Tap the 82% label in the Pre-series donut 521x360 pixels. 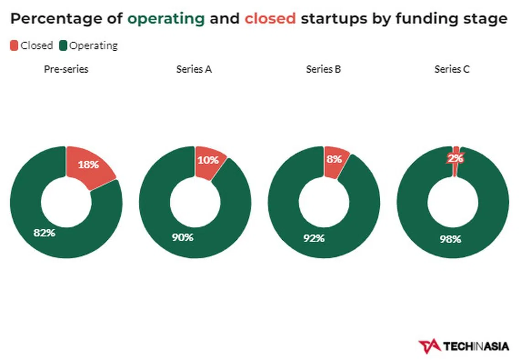44,232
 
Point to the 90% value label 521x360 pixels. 182,237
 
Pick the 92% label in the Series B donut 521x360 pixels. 314,238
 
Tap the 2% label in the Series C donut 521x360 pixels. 456,159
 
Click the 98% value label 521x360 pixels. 450,239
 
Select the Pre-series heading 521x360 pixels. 66,69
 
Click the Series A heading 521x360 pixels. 194,69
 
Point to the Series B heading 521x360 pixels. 324,69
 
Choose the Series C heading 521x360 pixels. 452,69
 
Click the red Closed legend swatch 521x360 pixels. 14,45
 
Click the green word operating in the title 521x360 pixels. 166,19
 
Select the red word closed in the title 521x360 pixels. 270,19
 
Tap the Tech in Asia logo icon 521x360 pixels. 428,346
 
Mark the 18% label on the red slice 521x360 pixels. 88,165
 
